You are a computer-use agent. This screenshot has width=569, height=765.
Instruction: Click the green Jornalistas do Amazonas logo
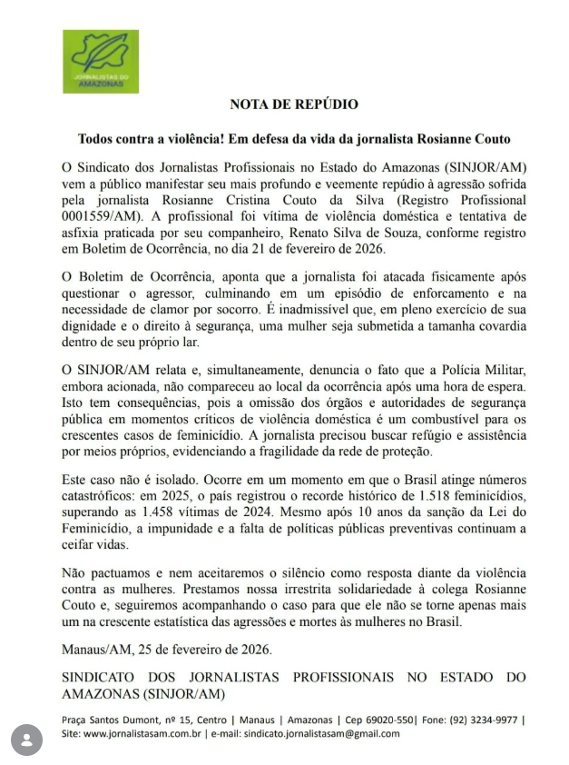100,61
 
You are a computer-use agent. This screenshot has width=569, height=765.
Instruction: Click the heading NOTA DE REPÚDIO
294,104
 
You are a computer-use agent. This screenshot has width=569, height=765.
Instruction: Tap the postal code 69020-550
390,720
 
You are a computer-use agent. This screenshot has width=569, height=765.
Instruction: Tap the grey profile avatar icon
27,740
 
